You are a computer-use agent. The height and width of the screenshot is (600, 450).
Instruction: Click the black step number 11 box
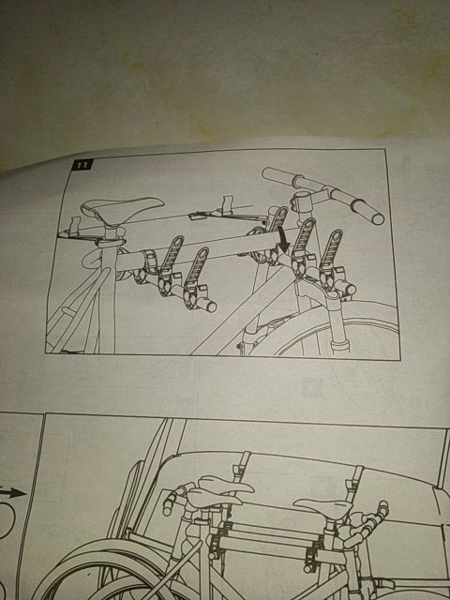click(x=82, y=165)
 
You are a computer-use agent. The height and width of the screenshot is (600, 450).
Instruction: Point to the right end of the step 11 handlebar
click(x=378, y=218)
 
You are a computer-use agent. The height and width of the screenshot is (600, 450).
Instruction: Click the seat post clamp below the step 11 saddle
click(x=111, y=242)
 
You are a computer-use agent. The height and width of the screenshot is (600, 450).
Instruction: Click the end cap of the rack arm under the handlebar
click(x=350, y=289)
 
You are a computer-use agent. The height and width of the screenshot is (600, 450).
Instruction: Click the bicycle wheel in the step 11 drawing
click(x=337, y=330)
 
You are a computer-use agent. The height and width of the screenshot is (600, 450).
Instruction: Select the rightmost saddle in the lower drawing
click(x=322, y=507)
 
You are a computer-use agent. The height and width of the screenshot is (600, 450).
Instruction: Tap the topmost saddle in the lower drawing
click(x=226, y=484)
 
